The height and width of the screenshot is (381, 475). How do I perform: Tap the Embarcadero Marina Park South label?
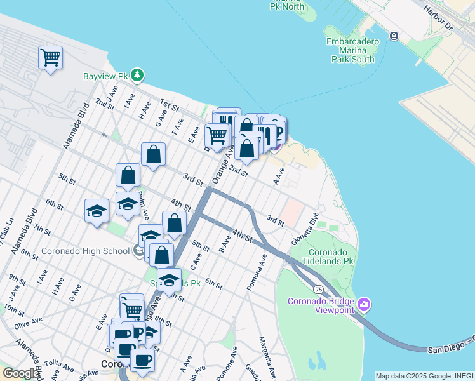click(x=352, y=50)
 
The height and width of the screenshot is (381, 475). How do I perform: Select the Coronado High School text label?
click(x=85, y=251)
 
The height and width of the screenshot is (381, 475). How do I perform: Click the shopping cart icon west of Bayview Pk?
click(x=50, y=58)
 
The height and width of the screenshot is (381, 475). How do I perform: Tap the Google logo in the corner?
click(x=20, y=373)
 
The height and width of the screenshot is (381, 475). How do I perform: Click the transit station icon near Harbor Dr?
click(x=394, y=36)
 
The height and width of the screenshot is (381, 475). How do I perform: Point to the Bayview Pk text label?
click(x=105, y=76)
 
